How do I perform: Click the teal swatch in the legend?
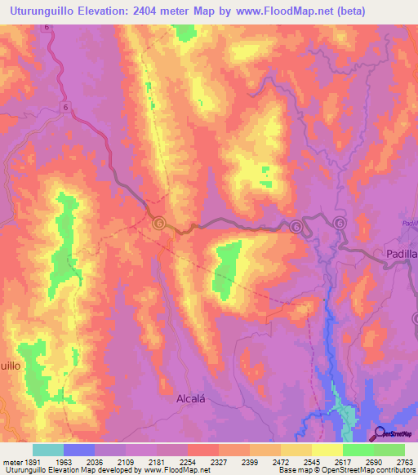[48, 450]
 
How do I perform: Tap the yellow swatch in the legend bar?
[327, 450]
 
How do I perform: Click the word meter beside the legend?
[10, 462]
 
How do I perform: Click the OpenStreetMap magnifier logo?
[379, 433]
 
